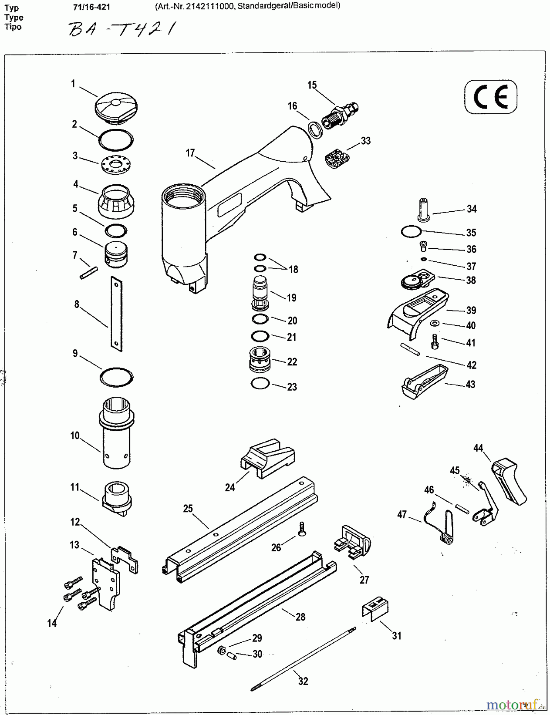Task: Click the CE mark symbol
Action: (490, 97)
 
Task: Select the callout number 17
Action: (190, 153)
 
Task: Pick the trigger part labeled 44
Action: (509, 481)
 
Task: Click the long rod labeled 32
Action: (303, 659)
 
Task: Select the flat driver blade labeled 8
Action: (116, 314)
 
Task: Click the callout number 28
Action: (300, 616)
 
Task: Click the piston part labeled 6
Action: (116, 254)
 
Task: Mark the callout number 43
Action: (470, 385)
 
